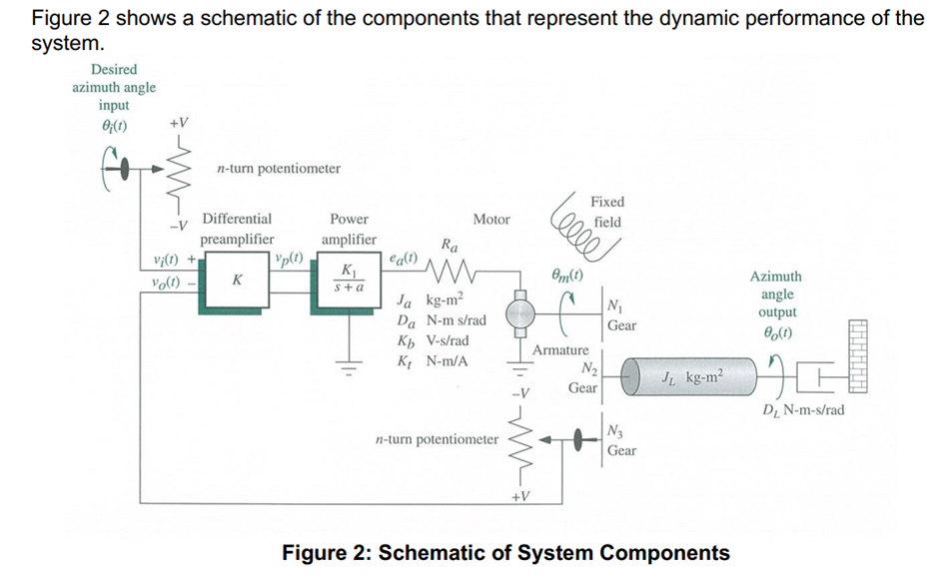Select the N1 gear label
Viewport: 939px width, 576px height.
pyautogui.click(x=612, y=304)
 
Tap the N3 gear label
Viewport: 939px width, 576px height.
pyautogui.click(x=612, y=430)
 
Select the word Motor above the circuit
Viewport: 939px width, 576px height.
pyautogui.click(x=490, y=219)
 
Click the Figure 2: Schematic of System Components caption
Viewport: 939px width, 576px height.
pyautogui.click(x=505, y=552)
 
